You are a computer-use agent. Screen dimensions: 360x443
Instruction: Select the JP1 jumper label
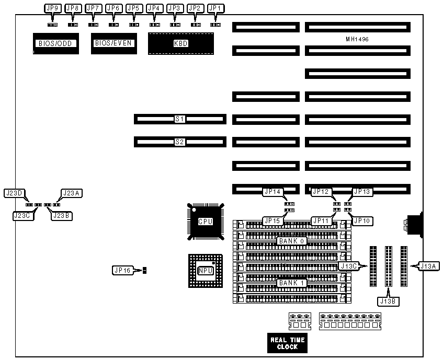click(215, 8)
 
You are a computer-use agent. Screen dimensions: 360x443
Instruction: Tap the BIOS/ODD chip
click(55, 43)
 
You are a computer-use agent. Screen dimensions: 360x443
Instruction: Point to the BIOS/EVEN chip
click(113, 43)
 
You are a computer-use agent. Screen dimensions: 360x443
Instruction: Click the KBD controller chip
click(180, 43)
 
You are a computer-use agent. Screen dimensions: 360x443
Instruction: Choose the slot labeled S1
click(180, 119)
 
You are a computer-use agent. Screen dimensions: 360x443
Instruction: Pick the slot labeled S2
click(180, 141)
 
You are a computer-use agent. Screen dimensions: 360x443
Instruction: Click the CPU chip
click(205, 222)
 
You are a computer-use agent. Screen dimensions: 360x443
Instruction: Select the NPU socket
click(205, 270)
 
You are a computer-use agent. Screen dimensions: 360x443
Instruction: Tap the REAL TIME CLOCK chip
click(287, 343)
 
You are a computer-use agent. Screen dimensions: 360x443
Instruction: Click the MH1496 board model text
click(358, 39)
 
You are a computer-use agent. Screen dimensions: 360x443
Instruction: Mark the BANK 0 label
click(292, 240)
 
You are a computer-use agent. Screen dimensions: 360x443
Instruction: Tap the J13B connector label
click(389, 300)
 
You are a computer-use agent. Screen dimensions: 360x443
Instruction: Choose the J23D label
click(14, 193)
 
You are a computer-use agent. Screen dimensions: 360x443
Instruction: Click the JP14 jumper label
click(272, 192)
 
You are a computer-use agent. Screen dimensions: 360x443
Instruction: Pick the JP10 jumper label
click(361, 220)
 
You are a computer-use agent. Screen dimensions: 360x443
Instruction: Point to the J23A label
click(72, 193)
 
